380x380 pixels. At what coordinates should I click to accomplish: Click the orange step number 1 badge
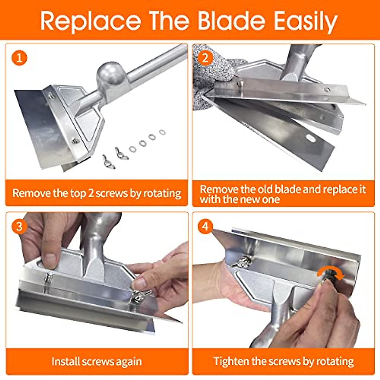[19, 58]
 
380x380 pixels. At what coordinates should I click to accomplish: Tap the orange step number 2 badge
[205, 58]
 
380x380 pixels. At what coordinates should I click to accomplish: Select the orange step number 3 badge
[19, 227]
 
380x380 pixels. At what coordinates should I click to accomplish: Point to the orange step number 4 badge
[205, 227]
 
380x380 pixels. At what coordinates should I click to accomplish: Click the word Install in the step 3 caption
[66, 361]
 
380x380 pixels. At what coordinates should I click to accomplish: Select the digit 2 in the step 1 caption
[91, 193]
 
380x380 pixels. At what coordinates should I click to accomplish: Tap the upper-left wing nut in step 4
[241, 262]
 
